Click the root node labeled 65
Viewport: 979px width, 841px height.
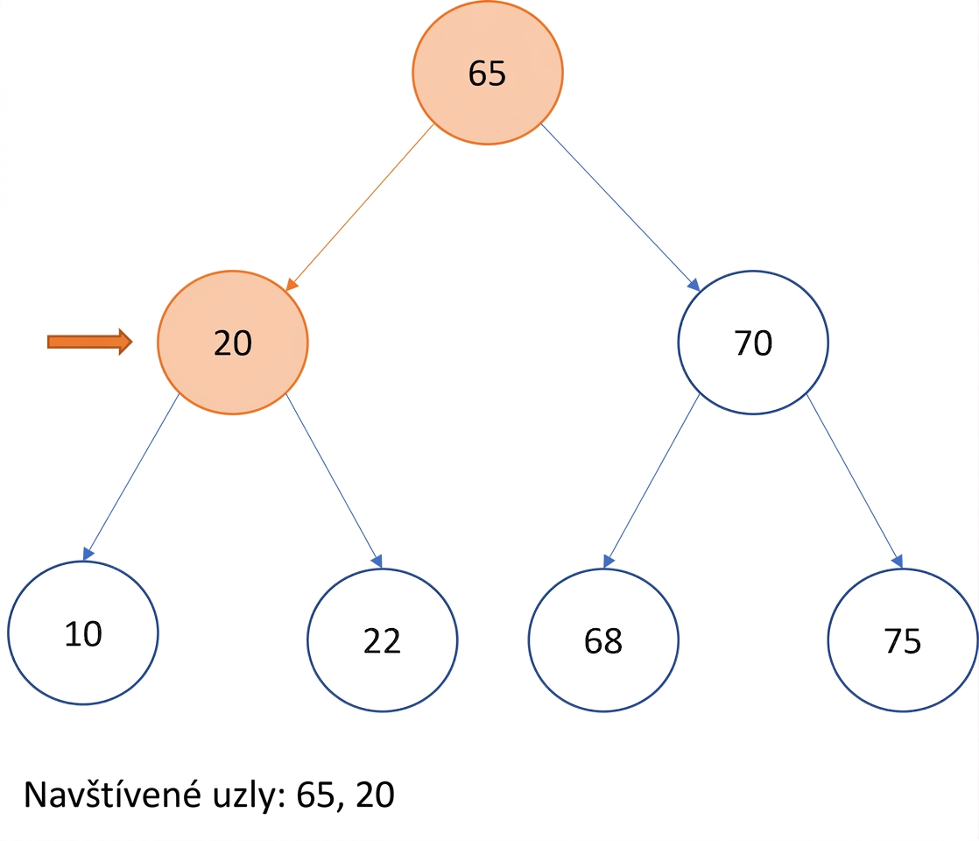pos(488,73)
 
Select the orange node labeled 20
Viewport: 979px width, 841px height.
pos(233,343)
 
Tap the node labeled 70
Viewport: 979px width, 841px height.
pos(753,343)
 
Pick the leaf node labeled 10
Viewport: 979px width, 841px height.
pos(83,633)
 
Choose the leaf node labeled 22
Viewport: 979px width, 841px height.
pos(382,640)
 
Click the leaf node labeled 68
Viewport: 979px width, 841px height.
pos(603,640)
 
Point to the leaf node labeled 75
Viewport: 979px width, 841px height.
pos(903,640)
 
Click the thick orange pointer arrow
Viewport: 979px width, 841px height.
pos(90,342)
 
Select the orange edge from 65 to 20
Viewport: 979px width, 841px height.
pos(360,208)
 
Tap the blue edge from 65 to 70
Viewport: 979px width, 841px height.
pos(620,208)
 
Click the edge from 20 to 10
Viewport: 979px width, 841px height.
pos(131,477)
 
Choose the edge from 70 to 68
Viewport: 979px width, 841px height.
pos(651,481)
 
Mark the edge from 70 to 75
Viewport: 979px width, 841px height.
pos(855,481)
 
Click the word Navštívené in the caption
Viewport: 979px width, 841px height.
pos(112,795)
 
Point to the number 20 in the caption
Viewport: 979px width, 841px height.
pos(376,795)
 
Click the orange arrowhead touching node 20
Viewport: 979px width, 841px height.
pos(292,285)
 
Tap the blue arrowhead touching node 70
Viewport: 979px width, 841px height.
pos(693,285)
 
